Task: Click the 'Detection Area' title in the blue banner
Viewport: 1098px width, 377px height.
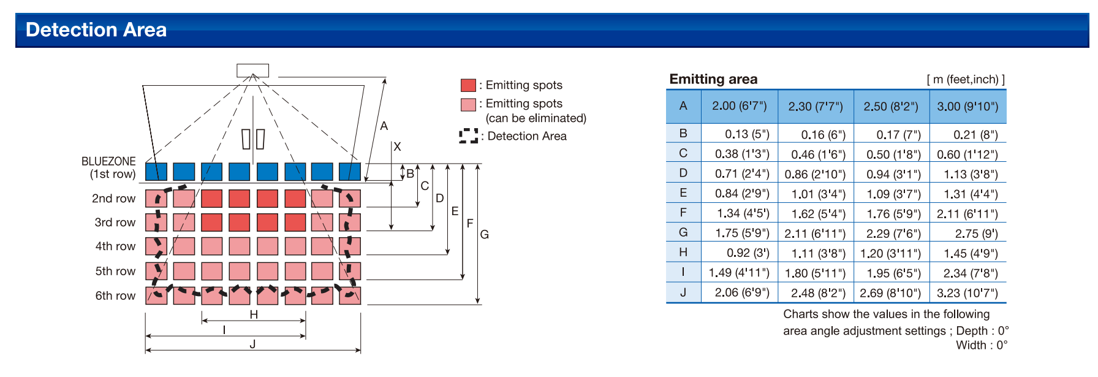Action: pyautogui.click(x=96, y=29)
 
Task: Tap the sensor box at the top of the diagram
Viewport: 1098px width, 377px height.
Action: pyautogui.click(x=253, y=70)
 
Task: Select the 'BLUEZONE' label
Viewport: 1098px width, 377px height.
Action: pyautogui.click(x=108, y=161)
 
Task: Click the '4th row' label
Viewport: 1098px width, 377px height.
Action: pyautogui.click(x=115, y=246)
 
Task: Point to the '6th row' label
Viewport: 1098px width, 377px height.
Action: pyautogui.click(x=115, y=295)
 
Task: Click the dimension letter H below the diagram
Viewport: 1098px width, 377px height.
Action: pyautogui.click(x=254, y=314)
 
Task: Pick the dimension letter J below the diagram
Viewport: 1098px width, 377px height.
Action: pyautogui.click(x=252, y=344)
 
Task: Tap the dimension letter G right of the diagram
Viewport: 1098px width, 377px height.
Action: pyautogui.click(x=485, y=234)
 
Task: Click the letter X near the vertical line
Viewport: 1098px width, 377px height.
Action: pyautogui.click(x=397, y=147)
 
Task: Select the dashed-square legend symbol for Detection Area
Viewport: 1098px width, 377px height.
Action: pyautogui.click(x=469, y=136)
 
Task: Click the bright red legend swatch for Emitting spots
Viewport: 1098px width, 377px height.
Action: pyautogui.click(x=468, y=85)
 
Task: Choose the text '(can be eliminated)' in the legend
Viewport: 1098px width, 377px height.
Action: pyautogui.click(x=536, y=118)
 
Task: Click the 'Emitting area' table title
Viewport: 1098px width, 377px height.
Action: pyautogui.click(x=713, y=79)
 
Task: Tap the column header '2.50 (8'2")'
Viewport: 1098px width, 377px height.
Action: pyautogui.click(x=891, y=107)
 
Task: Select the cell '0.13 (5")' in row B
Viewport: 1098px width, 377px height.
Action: pyautogui.click(x=747, y=134)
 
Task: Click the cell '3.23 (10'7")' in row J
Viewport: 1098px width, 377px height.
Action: pyautogui.click(x=967, y=293)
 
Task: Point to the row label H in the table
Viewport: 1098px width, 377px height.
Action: pyautogui.click(x=683, y=252)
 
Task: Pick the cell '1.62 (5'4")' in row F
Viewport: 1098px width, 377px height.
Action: pyautogui.click(x=819, y=214)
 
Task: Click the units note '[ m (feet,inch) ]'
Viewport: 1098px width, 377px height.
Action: pyautogui.click(x=966, y=80)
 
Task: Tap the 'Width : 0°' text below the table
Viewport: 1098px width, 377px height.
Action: pyautogui.click(x=982, y=345)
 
